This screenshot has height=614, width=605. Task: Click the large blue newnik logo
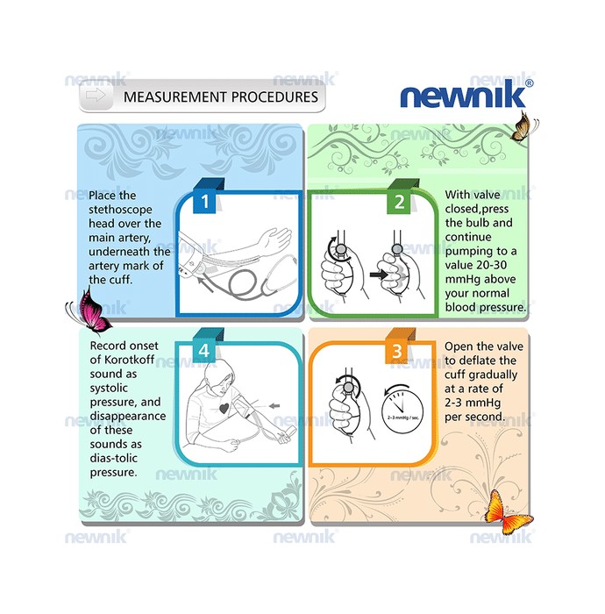463,94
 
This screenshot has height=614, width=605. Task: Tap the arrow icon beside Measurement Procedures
96,95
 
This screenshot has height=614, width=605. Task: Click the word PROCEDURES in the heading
274,96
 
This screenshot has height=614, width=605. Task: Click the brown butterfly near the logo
523,126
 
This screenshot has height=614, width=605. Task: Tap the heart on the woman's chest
224,409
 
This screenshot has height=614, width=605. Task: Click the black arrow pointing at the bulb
379,275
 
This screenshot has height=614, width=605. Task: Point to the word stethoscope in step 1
120,210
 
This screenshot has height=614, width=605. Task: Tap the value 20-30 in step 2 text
491,265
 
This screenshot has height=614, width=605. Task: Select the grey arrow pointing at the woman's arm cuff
275,405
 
